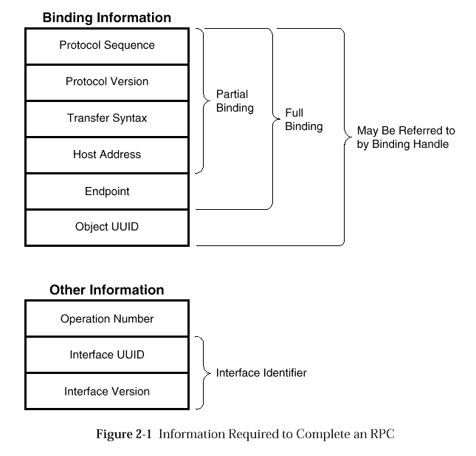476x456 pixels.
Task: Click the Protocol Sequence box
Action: (x=107, y=47)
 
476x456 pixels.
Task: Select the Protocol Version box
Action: (x=107, y=82)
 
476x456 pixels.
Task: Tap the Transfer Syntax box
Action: (x=107, y=119)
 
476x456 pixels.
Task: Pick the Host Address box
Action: (x=107, y=155)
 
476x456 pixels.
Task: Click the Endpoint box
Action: (x=107, y=191)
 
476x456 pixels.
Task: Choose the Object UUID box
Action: (x=107, y=228)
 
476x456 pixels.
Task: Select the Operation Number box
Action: (x=107, y=319)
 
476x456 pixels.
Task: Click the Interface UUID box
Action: (x=107, y=355)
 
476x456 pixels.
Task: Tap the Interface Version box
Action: (x=107, y=391)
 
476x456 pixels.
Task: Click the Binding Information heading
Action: (x=107, y=18)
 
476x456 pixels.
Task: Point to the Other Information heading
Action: (x=107, y=290)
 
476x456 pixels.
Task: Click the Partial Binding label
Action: (x=235, y=101)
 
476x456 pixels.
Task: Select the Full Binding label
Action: (x=304, y=120)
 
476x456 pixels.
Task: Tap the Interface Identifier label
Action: (x=261, y=372)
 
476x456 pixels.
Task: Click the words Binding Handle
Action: (x=410, y=144)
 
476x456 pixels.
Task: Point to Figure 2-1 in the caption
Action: (x=124, y=434)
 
